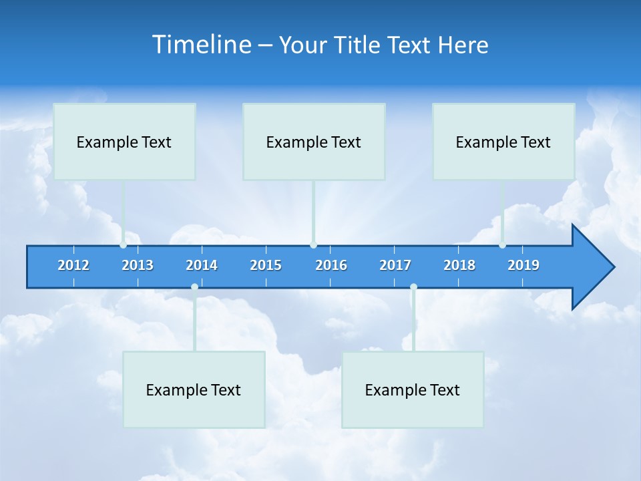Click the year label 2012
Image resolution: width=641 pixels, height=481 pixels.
tap(73, 265)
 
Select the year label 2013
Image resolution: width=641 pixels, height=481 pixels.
tap(138, 265)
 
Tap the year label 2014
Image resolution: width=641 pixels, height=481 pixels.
tap(202, 265)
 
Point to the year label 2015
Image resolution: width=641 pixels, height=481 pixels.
tap(266, 265)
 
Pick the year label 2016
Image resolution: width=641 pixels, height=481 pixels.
tap(331, 265)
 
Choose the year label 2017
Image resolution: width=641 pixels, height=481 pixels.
tap(395, 265)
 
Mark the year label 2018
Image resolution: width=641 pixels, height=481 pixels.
tap(459, 265)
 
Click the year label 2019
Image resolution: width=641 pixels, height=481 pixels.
tap(523, 265)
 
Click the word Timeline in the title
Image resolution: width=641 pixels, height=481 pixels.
tap(201, 44)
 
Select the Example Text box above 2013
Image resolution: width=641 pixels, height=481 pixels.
tap(124, 142)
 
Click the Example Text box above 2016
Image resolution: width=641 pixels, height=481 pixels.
tap(314, 142)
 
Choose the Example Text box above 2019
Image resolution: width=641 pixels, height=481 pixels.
tap(503, 142)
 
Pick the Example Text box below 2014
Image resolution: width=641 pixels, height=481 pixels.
tap(194, 389)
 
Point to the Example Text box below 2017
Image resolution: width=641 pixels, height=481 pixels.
tap(413, 389)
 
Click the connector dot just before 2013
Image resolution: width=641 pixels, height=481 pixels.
tap(124, 245)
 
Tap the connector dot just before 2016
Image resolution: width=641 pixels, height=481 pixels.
tap(314, 245)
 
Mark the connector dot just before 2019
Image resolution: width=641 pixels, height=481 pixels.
tap(503, 245)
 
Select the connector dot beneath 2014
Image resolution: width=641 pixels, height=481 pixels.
tap(194, 287)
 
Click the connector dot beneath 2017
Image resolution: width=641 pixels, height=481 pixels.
tap(413, 287)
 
